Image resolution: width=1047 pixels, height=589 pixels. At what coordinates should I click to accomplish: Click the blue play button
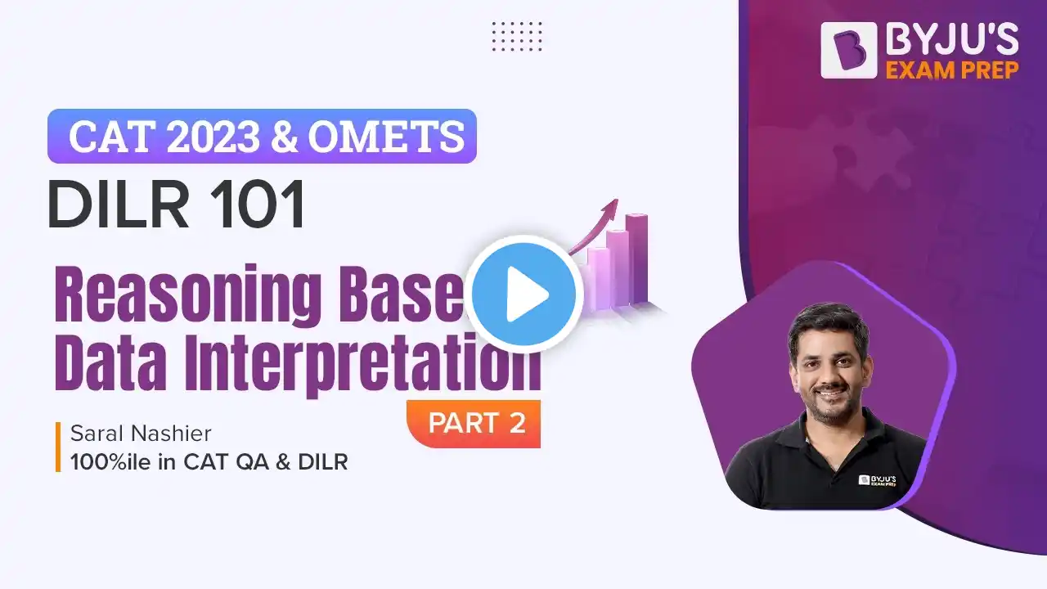[523, 294]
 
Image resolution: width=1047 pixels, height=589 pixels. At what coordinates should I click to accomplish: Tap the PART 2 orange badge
[474, 424]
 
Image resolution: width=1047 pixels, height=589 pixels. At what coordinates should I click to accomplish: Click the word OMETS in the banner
[386, 137]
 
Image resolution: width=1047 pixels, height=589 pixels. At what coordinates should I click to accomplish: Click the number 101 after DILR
[258, 205]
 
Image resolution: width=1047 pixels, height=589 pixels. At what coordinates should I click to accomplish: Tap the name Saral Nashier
[141, 434]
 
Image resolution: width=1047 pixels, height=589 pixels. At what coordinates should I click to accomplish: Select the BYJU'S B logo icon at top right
[848, 50]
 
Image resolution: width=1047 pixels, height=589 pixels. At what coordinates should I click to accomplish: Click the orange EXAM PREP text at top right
[952, 70]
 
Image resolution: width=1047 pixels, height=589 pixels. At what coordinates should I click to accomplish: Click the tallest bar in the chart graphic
[636, 259]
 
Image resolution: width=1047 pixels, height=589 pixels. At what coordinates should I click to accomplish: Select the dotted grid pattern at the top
[517, 36]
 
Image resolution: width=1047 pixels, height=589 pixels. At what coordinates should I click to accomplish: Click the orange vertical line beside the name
[58, 447]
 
